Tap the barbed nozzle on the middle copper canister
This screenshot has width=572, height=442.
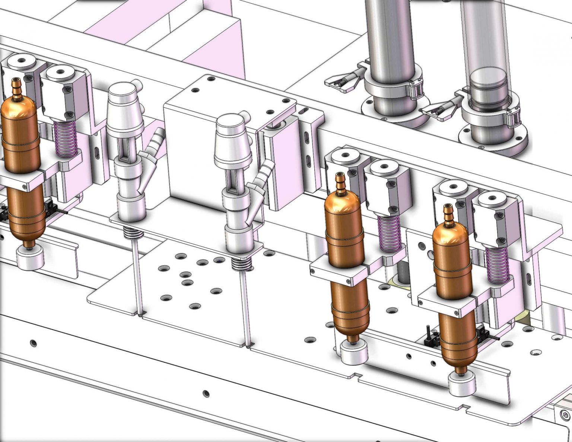[x=340, y=183]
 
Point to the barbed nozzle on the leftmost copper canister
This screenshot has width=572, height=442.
[x=16, y=88]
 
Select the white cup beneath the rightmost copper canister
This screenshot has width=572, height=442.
[x=462, y=383]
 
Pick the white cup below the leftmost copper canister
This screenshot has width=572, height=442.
[x=30, y=258]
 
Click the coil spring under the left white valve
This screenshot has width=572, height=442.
[x=133, y=233]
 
